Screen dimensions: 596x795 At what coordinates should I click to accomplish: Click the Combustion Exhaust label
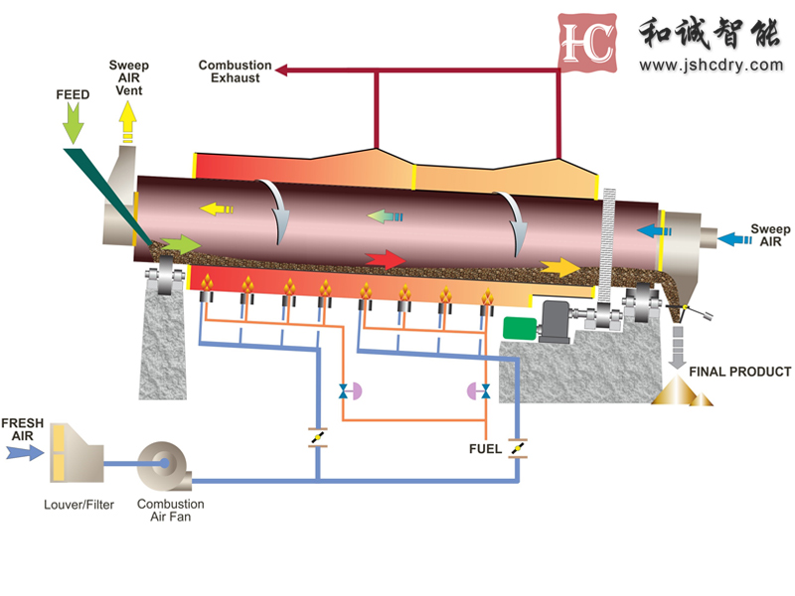235,72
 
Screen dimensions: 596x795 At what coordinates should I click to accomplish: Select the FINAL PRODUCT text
740,372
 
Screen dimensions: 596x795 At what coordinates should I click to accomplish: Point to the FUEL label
486,448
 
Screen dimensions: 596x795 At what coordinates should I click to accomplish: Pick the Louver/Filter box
76,451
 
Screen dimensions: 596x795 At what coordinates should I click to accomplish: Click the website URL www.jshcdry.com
711,66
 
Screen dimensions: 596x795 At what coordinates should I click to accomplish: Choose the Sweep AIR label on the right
770,235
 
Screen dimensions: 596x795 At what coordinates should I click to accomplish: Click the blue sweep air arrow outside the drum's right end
733,238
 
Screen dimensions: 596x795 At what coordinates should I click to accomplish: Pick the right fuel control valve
479,390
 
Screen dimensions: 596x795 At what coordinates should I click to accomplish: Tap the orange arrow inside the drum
560,266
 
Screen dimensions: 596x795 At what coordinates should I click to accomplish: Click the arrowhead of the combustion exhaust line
281,70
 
